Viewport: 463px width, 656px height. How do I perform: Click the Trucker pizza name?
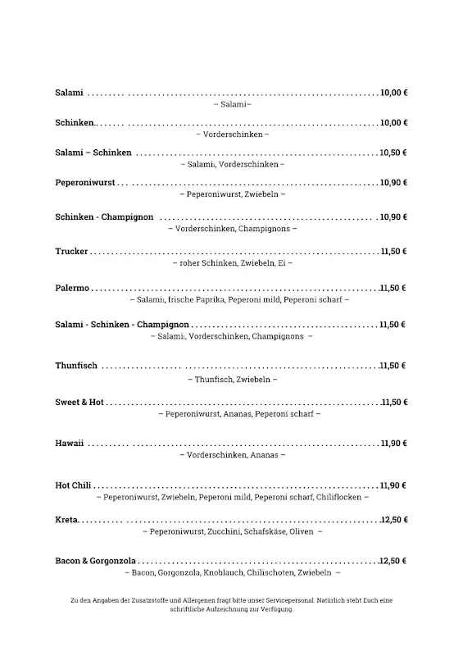point(71,251)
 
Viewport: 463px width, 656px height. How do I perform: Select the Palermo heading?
point(72,289)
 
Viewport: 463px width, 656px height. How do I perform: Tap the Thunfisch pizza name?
point(76,365)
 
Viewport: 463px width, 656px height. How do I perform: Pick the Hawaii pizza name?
point(70,443)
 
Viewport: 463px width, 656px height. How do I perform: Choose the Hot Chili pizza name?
point(73,485)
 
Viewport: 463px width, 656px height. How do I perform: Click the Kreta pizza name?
point(66,520)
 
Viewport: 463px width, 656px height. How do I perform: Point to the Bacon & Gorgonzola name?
point(95,561)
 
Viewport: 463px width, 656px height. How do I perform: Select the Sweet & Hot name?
point(79,403)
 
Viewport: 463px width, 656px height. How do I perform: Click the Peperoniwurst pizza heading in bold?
point(84,182)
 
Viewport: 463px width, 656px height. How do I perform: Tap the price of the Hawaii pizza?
point(394,443)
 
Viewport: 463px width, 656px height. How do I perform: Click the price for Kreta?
point(394,520)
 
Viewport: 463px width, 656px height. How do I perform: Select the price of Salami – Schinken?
point(394,153)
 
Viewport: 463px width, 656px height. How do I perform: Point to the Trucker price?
point(394,251)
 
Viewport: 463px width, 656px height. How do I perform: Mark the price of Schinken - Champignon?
point(394,216)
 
